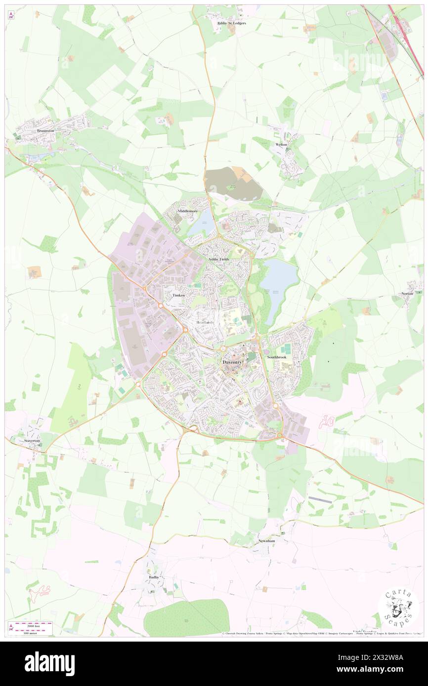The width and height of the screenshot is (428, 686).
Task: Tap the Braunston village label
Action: (45, 131)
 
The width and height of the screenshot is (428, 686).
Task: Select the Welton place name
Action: (281, 145)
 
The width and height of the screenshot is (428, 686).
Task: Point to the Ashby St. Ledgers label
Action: (228, 23)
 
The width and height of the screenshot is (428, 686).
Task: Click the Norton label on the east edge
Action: (407, 293)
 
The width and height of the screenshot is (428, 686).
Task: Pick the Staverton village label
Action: (33, 439)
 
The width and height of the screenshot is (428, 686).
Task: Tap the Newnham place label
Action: (266, 541)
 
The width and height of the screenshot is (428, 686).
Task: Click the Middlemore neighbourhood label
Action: (188, 211)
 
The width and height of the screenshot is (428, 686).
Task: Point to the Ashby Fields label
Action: (218, 259)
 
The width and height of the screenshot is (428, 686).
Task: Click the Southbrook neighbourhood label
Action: (276, 357)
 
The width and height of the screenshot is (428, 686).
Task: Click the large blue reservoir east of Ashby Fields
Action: (279, 284)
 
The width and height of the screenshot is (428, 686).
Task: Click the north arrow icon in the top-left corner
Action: (11, 15)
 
